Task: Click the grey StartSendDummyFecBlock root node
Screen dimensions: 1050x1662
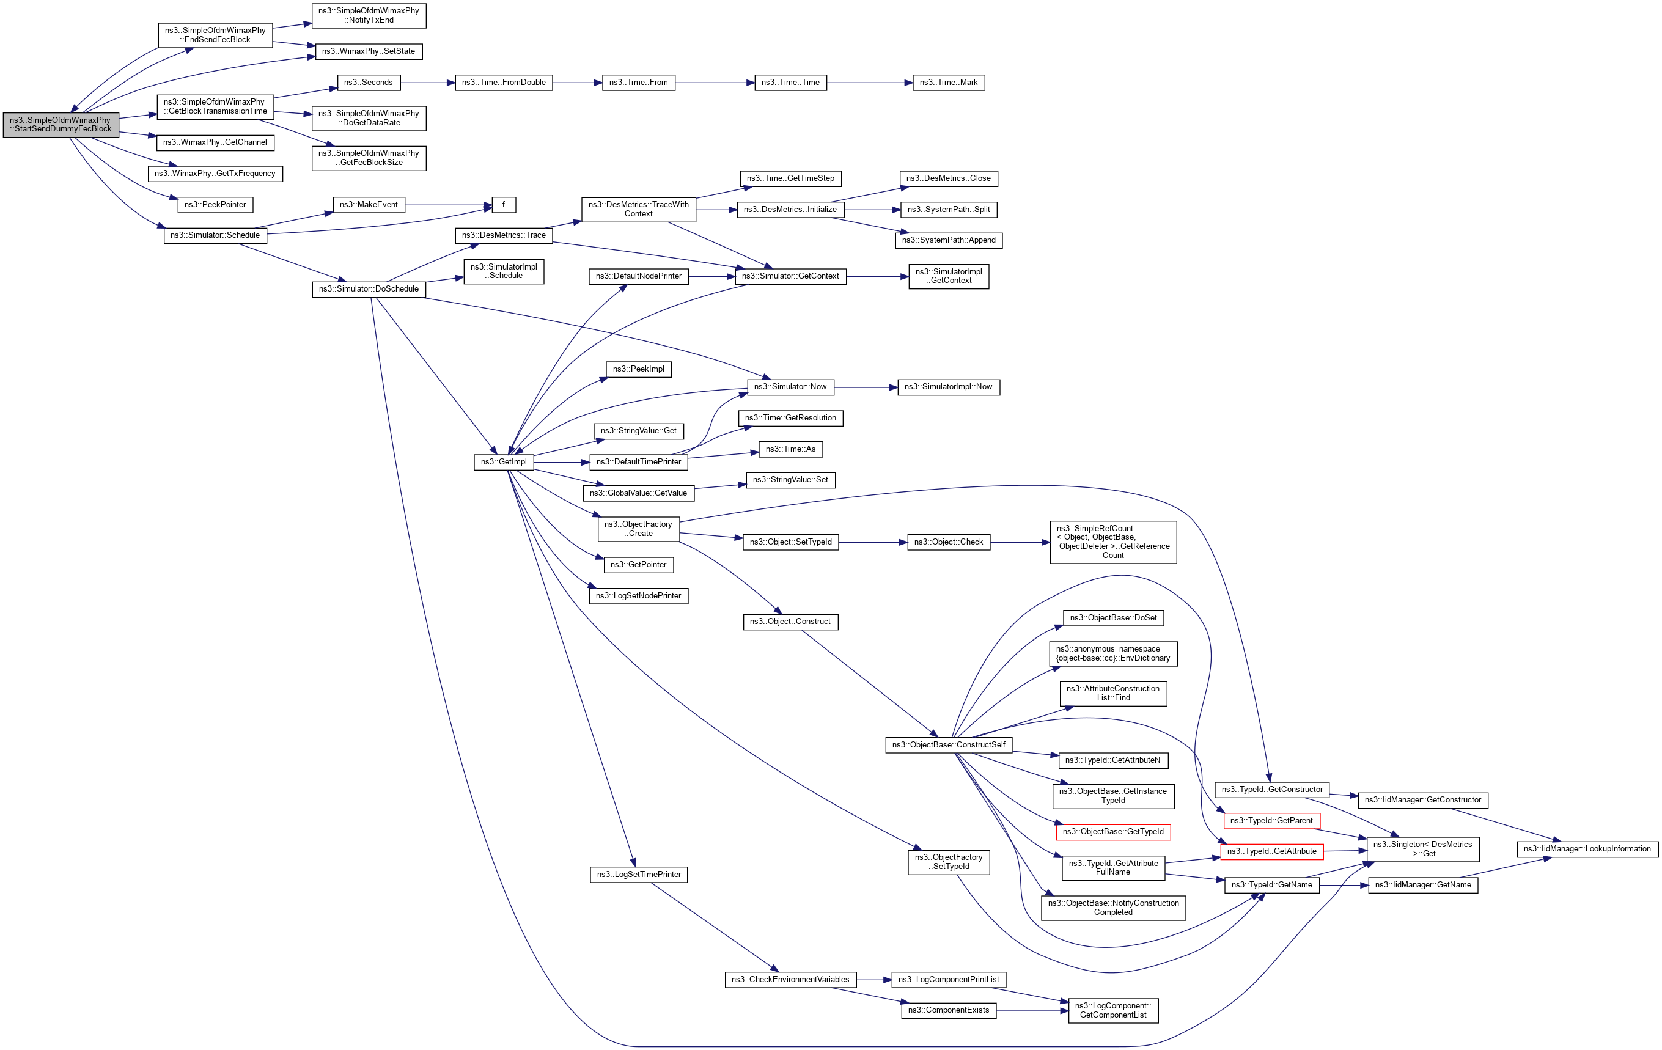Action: (61, 125)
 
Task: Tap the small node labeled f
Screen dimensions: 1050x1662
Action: (504, 205)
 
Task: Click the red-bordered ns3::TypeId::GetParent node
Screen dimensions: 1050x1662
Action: (1271, 821)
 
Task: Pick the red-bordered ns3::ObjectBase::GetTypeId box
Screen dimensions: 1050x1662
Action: (1112, 832)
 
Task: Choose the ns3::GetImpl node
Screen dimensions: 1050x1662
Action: (504, 462)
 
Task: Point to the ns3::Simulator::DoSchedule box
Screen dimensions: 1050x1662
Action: (369, 289)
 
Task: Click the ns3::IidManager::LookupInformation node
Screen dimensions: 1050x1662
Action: (1587, 849)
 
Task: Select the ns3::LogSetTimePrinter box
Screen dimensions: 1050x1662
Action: (638, 875)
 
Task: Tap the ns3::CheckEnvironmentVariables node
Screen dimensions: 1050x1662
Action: (790, 980)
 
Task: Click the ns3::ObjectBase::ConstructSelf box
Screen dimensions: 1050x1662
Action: (948, 745)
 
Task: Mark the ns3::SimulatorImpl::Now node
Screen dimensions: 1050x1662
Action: (948, 387)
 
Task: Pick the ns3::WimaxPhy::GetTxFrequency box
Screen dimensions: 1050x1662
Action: (215, 174)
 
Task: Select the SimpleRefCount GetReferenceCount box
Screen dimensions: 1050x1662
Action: (1112, 542)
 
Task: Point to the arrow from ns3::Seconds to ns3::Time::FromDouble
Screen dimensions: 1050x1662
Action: (428, 83)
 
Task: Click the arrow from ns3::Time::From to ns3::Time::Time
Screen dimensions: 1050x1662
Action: (715, 83)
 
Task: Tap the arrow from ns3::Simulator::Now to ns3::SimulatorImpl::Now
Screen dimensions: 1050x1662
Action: (866, 387)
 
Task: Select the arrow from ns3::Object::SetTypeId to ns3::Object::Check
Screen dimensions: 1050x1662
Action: (873, 543)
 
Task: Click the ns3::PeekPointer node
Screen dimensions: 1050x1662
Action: (215, 205)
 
